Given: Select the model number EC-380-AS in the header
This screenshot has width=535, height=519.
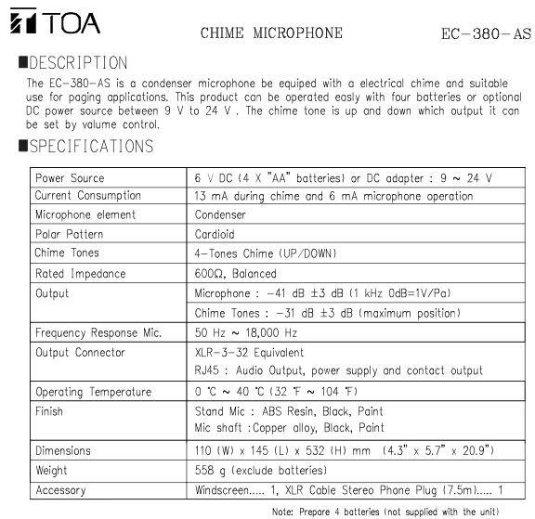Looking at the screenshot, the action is pyautogui.click(x=485, y=35).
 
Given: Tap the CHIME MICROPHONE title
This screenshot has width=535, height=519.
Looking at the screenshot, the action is pyautogui.click(x=271, y=33).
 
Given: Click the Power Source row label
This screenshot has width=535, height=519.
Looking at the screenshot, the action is pyautogui.click(x=70, y=177).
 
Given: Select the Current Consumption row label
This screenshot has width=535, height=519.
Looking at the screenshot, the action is pyautogui.click(x=87, y=196).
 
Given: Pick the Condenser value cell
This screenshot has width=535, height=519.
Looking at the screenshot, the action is pyautogui.click(x=219, y=214).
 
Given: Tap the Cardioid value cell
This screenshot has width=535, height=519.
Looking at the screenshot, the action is pyautogui.click(x=215, y=234).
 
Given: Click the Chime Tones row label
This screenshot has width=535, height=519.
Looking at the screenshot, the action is pyautogui.click(x=68, y=253).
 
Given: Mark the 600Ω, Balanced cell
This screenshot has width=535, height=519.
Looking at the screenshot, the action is pyautogui.click(x=235, y=274).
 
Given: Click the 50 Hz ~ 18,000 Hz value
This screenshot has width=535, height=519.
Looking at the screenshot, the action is pyautogui.click(x=245, y=332).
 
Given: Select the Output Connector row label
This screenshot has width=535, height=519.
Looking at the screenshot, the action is pyautogui.click(x=80, y=353).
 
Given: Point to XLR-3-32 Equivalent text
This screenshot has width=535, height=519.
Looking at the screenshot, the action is pyautogui.click(x=248, y=353).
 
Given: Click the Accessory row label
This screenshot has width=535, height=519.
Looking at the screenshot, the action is pyautogui.click(x=60, y=490).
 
